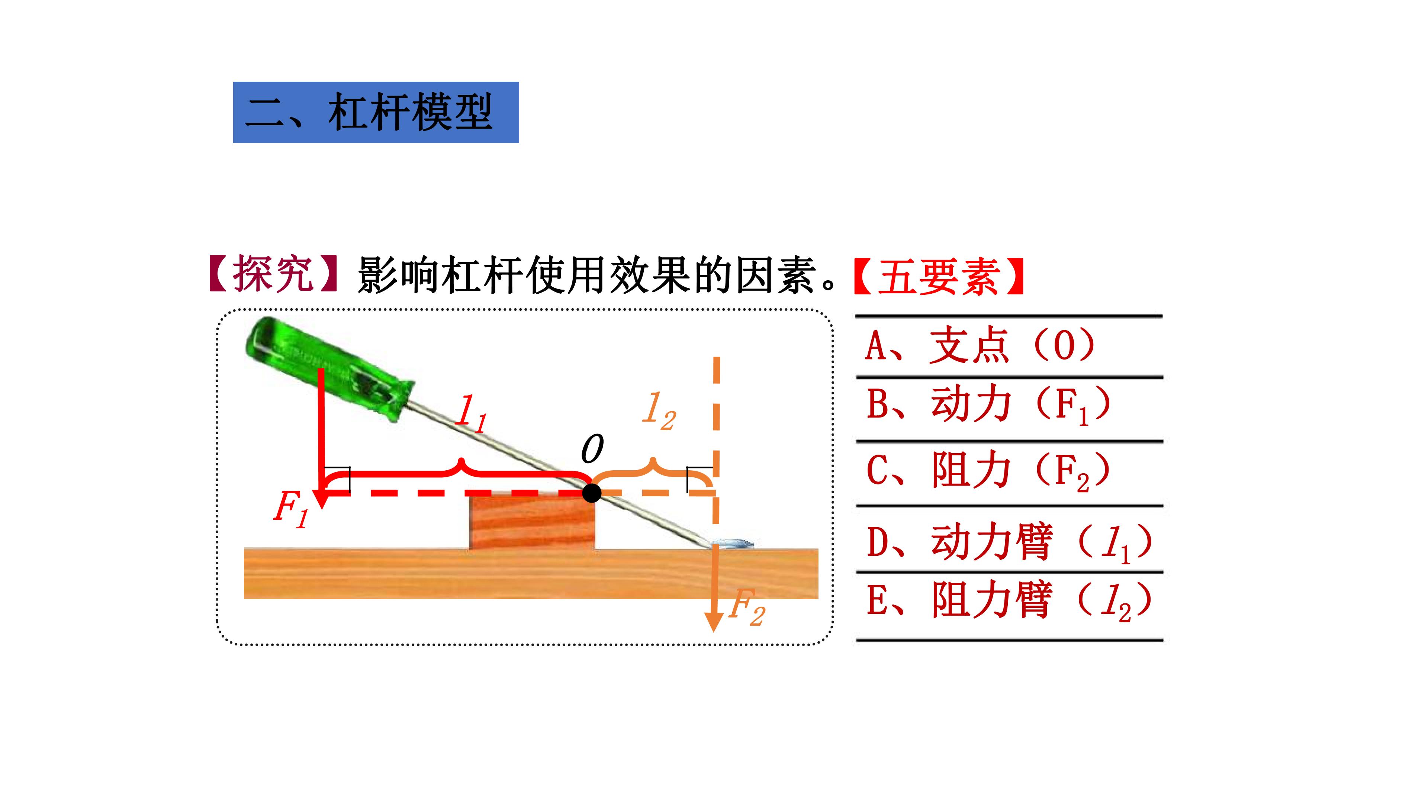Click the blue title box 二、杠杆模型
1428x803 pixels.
point(376,113)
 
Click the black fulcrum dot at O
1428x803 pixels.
point(592,492)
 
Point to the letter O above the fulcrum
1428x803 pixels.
point(592,449)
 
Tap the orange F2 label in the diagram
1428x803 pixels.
point(747,607)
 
